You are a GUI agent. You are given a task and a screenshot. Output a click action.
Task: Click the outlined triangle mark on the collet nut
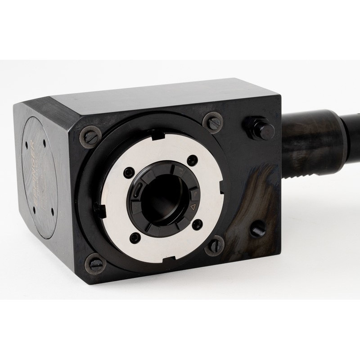(192, 207)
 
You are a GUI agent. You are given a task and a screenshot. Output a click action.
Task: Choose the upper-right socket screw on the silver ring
(193, 158)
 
